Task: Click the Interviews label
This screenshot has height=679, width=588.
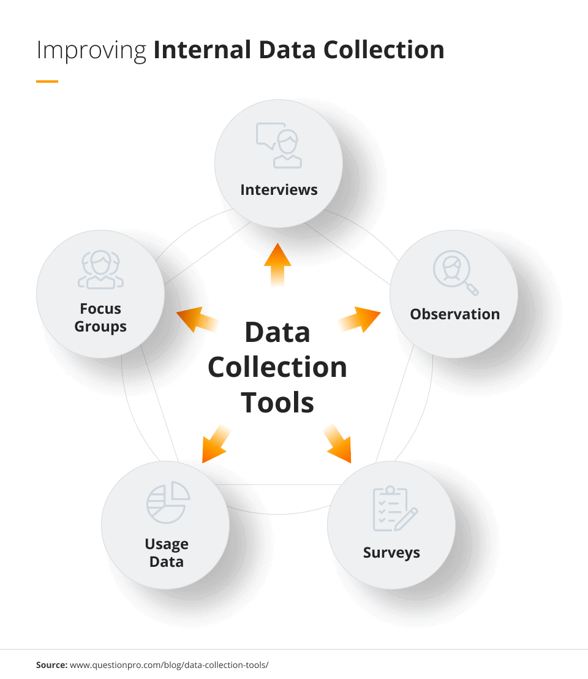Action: (279, 189)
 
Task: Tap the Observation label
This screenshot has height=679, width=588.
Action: (454, 314)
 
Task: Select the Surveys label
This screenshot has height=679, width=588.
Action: (391, 552)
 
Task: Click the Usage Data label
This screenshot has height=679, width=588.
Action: (167, 553)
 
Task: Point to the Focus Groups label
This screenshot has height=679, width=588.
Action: (100, 317)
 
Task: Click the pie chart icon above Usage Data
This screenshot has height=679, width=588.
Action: (168, 503)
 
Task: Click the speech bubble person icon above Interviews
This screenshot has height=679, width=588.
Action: (279, 146)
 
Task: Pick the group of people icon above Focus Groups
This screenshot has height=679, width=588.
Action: (100, 270)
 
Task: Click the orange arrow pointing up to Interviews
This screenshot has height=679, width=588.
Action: (277, 264)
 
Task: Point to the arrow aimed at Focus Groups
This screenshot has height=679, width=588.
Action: (197, 319)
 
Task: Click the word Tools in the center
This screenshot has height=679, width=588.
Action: (277, 403)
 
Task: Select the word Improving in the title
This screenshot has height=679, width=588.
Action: (91, 50)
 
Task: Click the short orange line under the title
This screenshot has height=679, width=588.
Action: (47, 81)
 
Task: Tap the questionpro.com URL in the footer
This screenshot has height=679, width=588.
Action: (169, 664)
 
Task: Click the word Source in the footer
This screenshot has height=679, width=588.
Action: (51, 664)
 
